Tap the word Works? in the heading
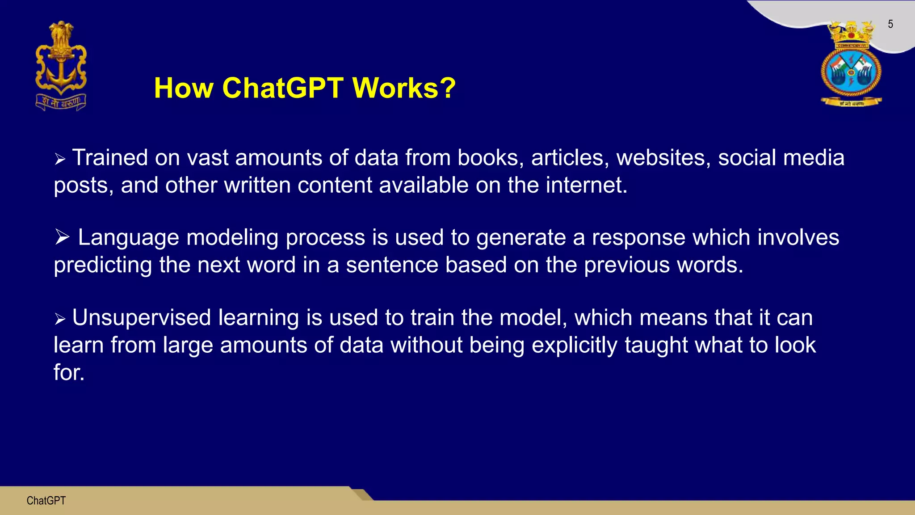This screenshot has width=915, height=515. click(x=404, y=88)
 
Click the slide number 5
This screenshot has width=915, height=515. click(x=890, y=24)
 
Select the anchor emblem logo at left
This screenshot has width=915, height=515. click(x=61, y=66)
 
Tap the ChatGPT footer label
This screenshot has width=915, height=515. click(x=46, y=501)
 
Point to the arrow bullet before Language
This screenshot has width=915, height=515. click(x=62, y=237)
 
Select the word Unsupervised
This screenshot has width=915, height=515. click(x=141, y=318)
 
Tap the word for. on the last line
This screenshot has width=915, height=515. click(x=69, y=372)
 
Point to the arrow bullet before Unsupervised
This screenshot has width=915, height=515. click(x=60, y=319)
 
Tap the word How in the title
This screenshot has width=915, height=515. click(x=184, y=88)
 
